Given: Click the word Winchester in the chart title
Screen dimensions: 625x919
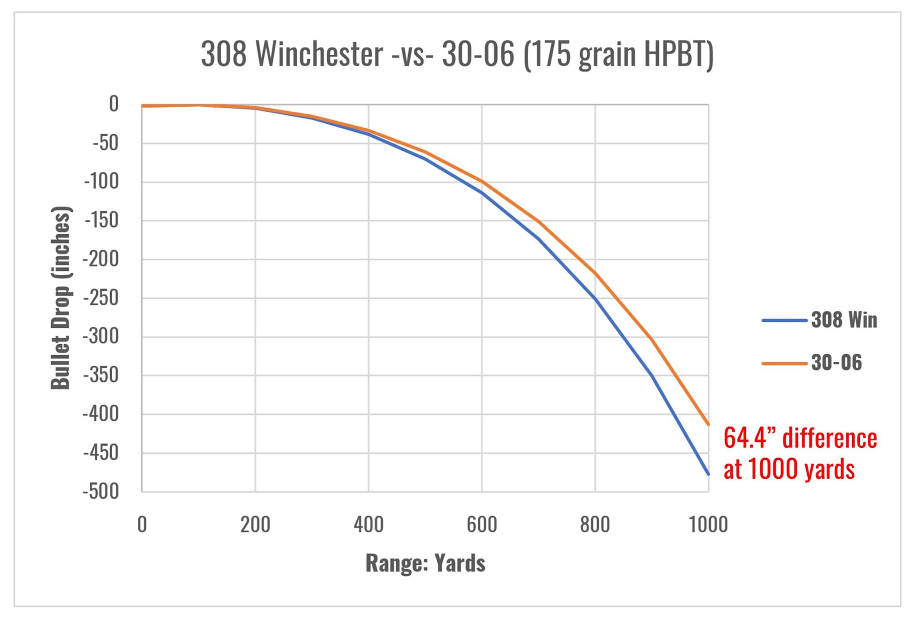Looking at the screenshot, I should tap(319, 54).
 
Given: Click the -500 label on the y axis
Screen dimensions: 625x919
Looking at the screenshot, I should tap(101, 491).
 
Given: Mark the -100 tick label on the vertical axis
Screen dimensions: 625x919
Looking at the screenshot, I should tap(101, 182).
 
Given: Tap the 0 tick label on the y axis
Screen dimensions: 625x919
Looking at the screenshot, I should tap(114, 104).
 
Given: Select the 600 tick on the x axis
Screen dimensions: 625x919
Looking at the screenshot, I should tap(481, 524).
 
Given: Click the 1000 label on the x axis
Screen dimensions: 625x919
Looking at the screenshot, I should tap(708, 524).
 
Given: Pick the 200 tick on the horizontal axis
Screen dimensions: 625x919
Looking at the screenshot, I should tap(255, 524).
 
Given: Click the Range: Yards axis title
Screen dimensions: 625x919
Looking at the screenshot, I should tap(425, 563).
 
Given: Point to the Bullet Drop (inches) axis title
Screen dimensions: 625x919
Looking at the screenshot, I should tap(61, 298).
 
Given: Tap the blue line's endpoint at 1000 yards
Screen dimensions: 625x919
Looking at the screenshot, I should tap(708, 474).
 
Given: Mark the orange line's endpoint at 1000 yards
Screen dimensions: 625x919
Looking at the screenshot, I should tap(708, 424).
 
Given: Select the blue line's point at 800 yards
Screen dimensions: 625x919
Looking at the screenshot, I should tap(595, 298).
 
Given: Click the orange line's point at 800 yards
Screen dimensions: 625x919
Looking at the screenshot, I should tap(595, 273).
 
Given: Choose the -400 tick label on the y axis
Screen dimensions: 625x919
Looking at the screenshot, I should tap(101, 414).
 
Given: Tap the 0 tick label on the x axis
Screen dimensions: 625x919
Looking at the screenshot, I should tap(142, 524).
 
